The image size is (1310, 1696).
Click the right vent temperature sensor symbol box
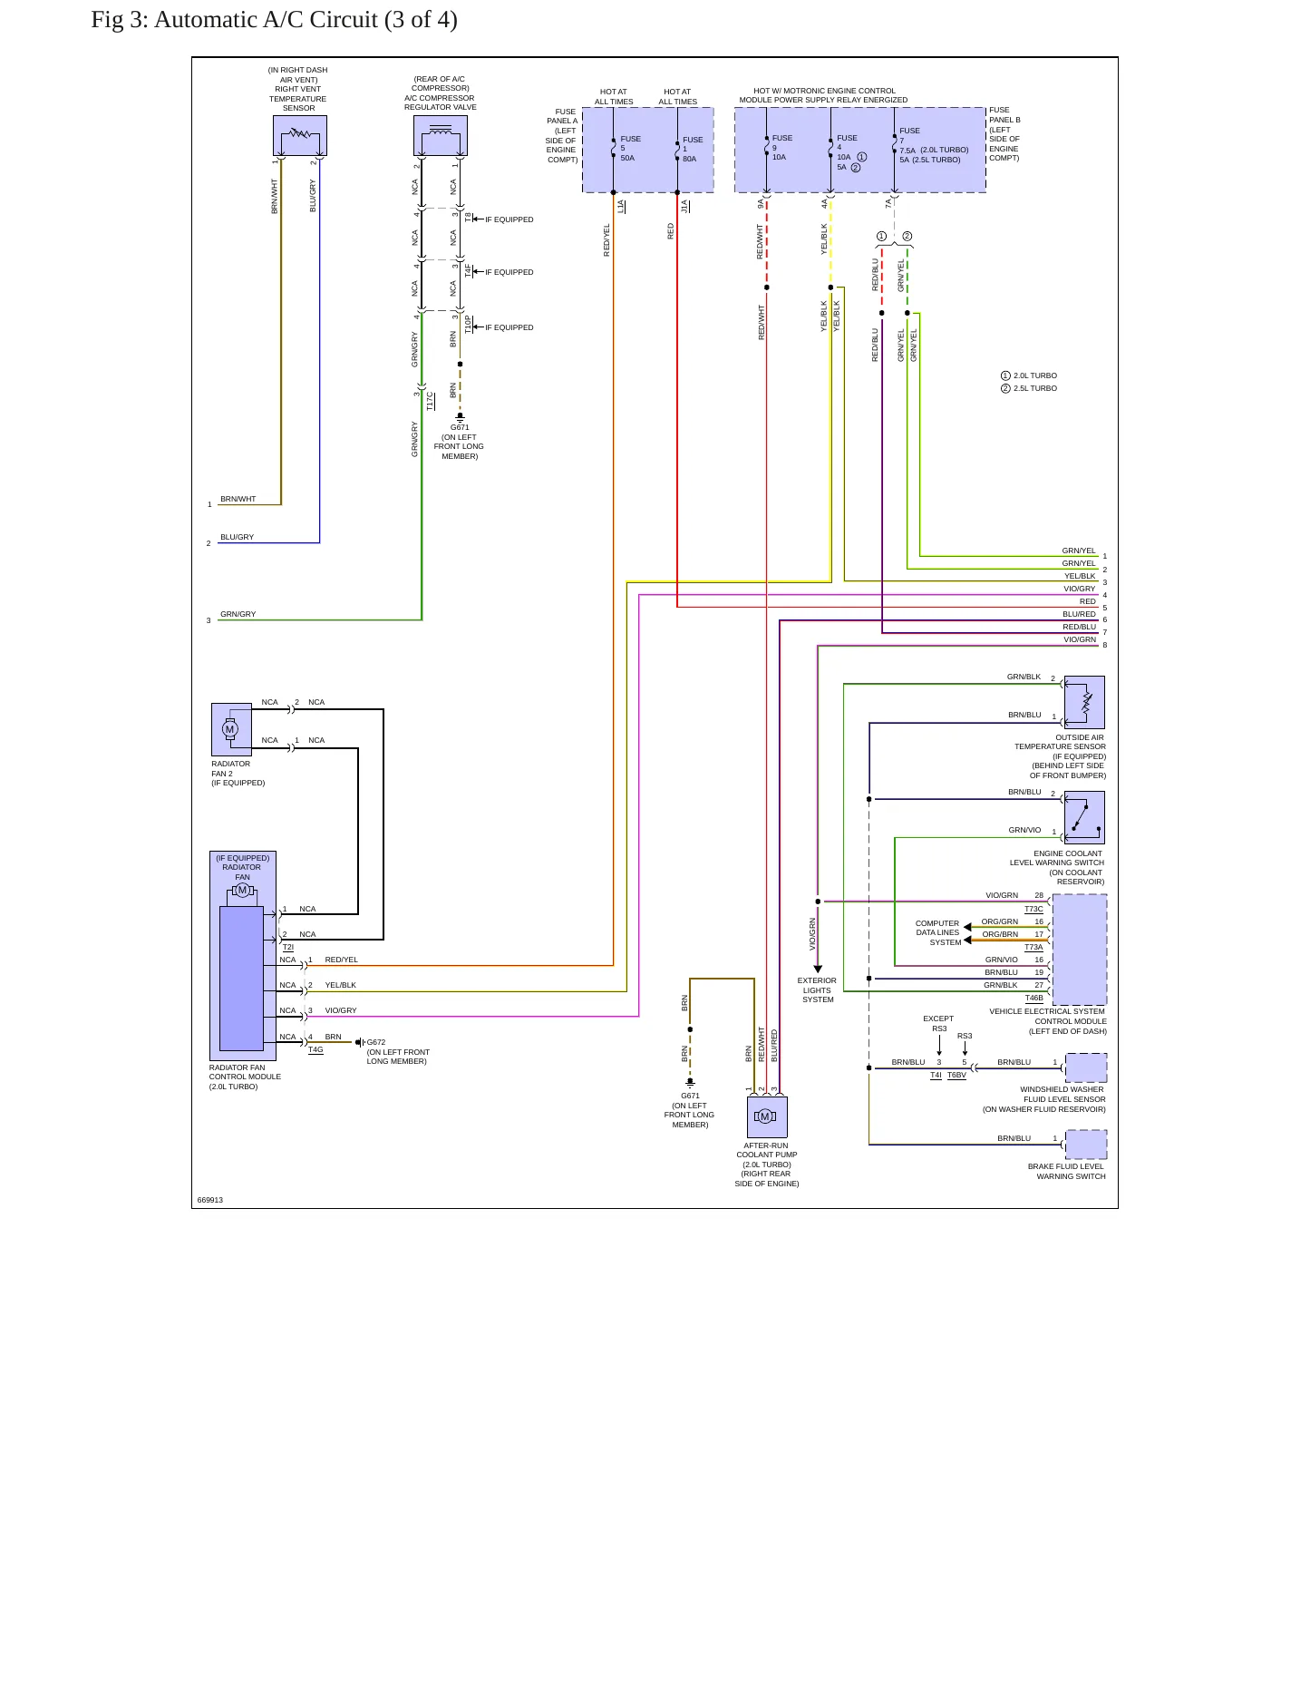(x=299, y=135)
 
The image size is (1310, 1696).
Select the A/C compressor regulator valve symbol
(x=441, y=136)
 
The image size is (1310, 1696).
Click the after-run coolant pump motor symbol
(x=767, y=1117)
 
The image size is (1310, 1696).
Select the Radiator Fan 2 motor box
(x=231, y=729)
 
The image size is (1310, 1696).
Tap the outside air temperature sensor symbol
(x=1084, y=702)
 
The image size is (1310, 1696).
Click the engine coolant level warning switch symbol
(x=1084, y=817)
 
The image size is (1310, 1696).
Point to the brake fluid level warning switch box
(x=1086, y=1145)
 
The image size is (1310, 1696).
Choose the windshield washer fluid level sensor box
(x=1086, y=1067)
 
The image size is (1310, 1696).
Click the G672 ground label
(x=376, y=1042)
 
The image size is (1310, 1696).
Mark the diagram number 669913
(x=210, y=1200)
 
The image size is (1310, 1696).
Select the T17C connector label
(x=430, y=400)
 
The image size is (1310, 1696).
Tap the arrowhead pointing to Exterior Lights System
(x=818, y=970)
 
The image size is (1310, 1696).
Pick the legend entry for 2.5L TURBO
(x=1029, y=388)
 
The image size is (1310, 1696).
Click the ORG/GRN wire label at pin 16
(x=1000, y=921)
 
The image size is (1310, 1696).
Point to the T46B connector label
(x=1034, y=998)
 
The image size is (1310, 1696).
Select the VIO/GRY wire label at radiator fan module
(x=341, y=1010)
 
